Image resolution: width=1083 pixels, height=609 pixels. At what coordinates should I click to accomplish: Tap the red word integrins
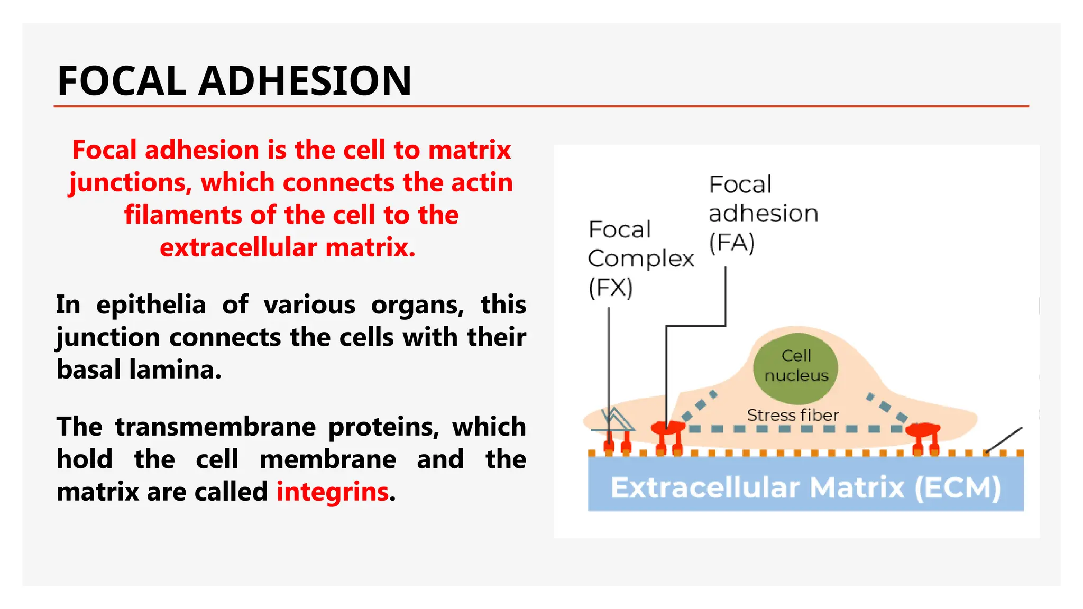(x=333, y=492)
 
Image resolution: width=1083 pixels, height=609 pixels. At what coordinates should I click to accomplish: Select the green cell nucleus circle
(x=795, y=368)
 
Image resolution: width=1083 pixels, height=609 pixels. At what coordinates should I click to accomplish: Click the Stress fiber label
(x=792, y=416)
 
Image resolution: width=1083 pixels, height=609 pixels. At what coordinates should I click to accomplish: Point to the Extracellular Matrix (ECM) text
(x=805, y=487)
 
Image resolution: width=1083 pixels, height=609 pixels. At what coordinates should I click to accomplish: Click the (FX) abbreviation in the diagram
(x=610, y=288)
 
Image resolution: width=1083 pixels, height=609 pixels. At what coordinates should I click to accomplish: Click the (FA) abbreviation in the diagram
(x=731, y=243)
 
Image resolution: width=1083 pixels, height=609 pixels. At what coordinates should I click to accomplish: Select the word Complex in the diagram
(x=640, y=259)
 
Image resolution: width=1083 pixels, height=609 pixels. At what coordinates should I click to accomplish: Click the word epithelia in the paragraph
(x=151, y=305)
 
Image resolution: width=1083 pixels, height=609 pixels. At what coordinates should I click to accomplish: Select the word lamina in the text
(x=175, y=370)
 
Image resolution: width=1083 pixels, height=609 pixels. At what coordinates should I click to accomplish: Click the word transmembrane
(x=215, y=427)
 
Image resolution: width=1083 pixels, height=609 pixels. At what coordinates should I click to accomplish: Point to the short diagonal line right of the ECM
(x=1004, y=440)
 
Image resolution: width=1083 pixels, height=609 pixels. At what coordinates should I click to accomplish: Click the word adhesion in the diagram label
(x=763, y=214)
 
